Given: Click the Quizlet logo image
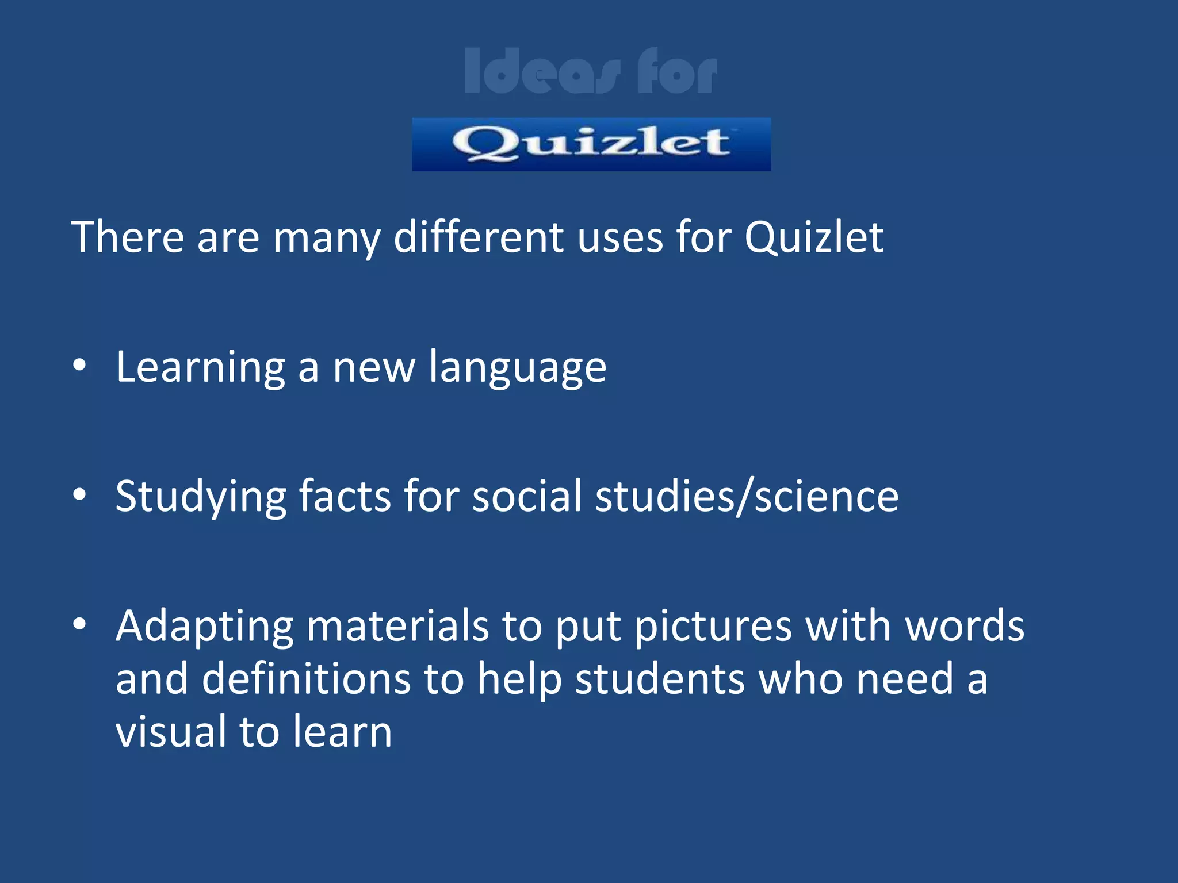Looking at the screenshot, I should (x=591, y=144).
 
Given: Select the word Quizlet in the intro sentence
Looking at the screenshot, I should (x=813, y=237).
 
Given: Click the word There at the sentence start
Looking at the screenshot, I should (x=128, y=237).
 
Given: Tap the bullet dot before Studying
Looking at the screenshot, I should (x=79, y=494).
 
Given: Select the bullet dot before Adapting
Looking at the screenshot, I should (x=79, y=623).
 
